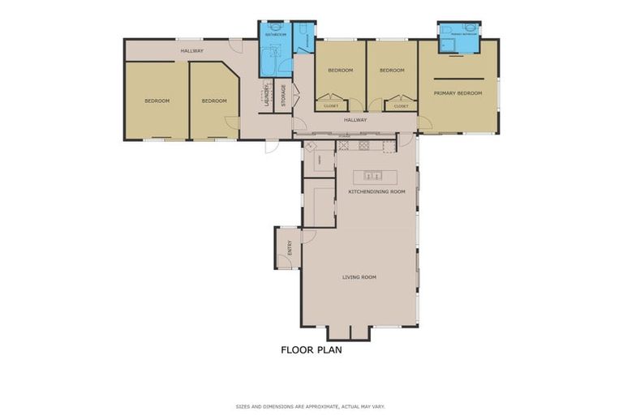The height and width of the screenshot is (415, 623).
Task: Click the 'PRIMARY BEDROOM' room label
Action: click(x=458, y=93)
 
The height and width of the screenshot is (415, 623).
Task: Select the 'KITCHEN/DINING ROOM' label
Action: click(x=376, y=192)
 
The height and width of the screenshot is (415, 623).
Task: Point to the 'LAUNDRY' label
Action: click(x=266, y=96)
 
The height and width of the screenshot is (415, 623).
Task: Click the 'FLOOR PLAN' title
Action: click(x=311, y=350)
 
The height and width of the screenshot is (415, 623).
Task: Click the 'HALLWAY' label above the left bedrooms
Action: click(x=191, y=51)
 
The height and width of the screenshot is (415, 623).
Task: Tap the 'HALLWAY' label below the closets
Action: click(x=355, y=120)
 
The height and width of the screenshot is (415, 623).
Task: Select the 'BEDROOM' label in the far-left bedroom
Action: click(x=157, y=101)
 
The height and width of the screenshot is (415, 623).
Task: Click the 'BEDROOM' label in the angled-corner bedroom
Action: click(x=214, y=101)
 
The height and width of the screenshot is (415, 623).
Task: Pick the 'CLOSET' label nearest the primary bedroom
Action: click(x=401, y=106)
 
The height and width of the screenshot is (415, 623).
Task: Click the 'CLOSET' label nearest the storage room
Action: click(x=331, y=106)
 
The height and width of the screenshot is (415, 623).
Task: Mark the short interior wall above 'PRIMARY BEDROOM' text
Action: click(x=459, y=78)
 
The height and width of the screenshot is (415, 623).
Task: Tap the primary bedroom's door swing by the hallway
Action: click(x=427, y=123)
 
